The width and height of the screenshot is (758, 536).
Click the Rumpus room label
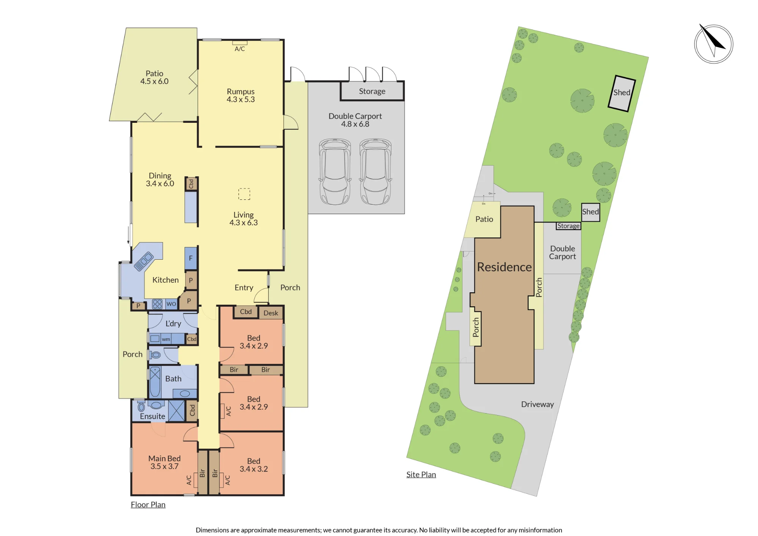pyautogui.click(x=241, y=92)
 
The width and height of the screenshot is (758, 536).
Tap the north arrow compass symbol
pyautogui.click(x=713, y=44)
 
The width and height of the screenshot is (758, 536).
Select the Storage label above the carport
pyautogui.click(x=372, y=91)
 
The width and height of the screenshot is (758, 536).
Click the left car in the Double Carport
pyautogui.click(x=335, y=172)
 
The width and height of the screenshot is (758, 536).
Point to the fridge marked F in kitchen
pyautogui.click(x=191, y=258)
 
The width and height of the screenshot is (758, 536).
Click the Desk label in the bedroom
pyautogui.click(x=271, y=313)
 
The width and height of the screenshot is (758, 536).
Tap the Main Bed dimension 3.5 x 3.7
pyautogui.click(x=164, y=467)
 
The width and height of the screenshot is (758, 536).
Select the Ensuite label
pyautogui.click(x=152, y=416)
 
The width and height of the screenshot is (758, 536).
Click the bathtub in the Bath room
pyautogui.click(x=155, y=382)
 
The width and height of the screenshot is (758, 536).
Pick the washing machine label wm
pyautogui.click(x=166, y=339)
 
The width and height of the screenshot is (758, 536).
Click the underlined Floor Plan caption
pyautogui.click(x=148, y=505)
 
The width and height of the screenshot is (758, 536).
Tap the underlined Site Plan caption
pyautogui.click(x=421, y=475)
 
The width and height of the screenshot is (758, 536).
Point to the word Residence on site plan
pyautogui.click(x=504, y=267)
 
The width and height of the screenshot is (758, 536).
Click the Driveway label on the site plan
pyautogui.click(x=537, y=404)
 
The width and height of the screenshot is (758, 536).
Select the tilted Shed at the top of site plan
pyautogui.click(x=622, y=93)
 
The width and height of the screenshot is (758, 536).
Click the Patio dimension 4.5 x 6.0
pyautogui.click(x=154, y=81)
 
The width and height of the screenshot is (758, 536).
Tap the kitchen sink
pyautogui.click(x=143, y=262)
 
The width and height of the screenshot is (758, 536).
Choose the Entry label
pyautogui.click(x=244, y=288)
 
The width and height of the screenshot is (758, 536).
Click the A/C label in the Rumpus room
pyautogui.click(x=240, y=49)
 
